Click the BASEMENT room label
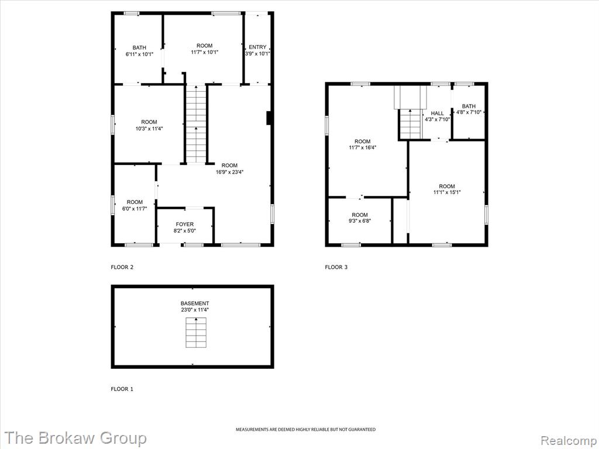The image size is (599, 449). pyautogui.click(x=195, y=303)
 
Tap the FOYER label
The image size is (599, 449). pyautogui.click(x=184, y=224)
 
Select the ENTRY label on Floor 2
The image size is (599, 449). pyautogui.click(x=257, y=47)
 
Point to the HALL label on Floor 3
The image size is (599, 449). pyautogui.click(x=438, y=113)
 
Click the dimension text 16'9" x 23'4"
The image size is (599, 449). pyautogui.click(x=229, y=172)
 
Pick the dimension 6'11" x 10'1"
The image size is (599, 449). pyautogui.click(x=139, y=54)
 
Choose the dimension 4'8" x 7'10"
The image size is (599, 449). pyautogui.click(x=469, y=112)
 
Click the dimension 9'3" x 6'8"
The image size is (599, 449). pyautogui.click(x=360, y=220)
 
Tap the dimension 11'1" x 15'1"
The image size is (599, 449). pyautogui.click(x=447, y=192)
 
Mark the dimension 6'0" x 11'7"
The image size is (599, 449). pyautogui.click(x=135, y=209)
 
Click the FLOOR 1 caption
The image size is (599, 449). pyautogui.click(x=122, y=389)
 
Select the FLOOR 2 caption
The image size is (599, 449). pyautogui.click(x=122, y=267)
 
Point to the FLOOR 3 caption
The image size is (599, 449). pyautogui.click(x=336, y=267)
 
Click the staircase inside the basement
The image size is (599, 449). pyautogui.click(x=196, y=333)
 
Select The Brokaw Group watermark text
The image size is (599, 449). pyautogui.click(x=75, y=438)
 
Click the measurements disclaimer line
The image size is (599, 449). pyautogui.click(x=305, y=430)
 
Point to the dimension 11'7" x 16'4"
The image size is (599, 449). pyautogui.click(x=363, y=147)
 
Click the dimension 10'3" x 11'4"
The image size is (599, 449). pyautogui.click(x=149, y=129)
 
